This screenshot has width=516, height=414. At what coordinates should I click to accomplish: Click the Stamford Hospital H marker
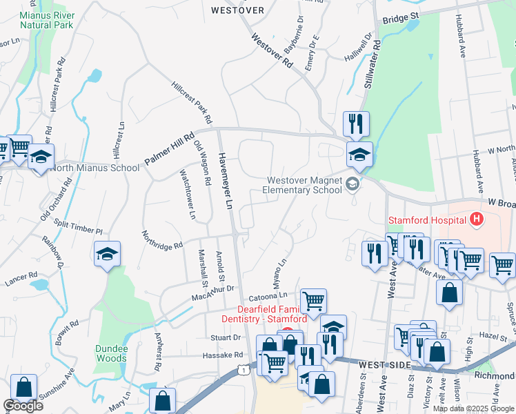476,220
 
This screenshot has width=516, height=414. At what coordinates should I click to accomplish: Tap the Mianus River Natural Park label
46,19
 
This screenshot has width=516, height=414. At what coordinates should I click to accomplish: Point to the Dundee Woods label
112,353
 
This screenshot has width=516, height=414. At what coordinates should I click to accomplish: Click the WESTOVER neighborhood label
237,10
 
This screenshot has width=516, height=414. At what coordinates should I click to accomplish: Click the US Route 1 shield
244,371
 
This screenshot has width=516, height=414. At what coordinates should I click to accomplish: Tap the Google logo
23,406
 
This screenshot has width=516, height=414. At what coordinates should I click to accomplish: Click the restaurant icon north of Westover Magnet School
356,124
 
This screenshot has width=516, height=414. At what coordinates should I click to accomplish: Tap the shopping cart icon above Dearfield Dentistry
313,300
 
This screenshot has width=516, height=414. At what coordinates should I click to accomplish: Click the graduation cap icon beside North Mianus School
41,157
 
